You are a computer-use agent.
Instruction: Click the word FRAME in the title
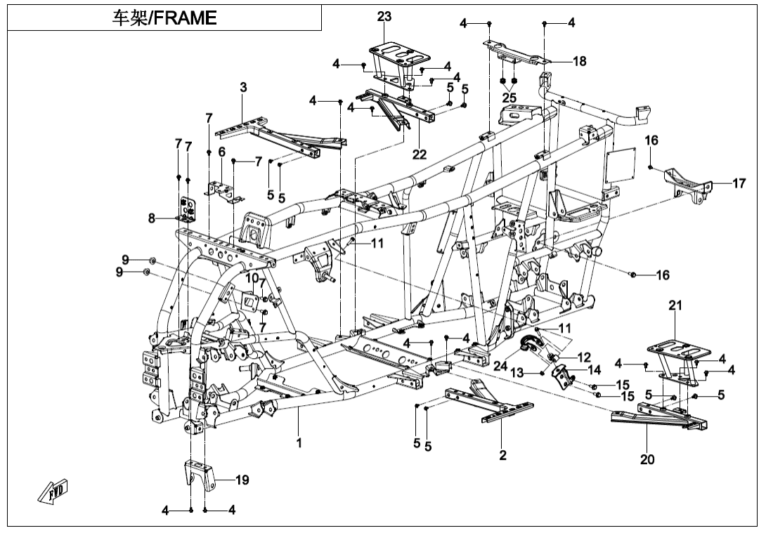(x=185, y=18)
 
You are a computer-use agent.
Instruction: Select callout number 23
(x=383, y=18)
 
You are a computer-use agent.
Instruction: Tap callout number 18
(x=579, y=62)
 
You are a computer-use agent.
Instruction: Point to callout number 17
(x=739, y=184)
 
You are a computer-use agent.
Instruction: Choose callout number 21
(x=675, y=305)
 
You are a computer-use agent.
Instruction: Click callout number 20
(x=647, y=459)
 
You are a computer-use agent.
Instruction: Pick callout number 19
(x=242, y=480)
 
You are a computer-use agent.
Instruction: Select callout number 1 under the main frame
(x=299, y=443)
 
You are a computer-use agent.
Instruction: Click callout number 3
(x=243, y=88)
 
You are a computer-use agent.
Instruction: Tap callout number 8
(x=152, y=218)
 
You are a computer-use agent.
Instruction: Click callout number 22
(x=420, y=154)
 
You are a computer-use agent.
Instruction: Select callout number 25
(x=509, y=96)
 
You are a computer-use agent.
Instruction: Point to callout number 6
(x=221, y=152)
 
